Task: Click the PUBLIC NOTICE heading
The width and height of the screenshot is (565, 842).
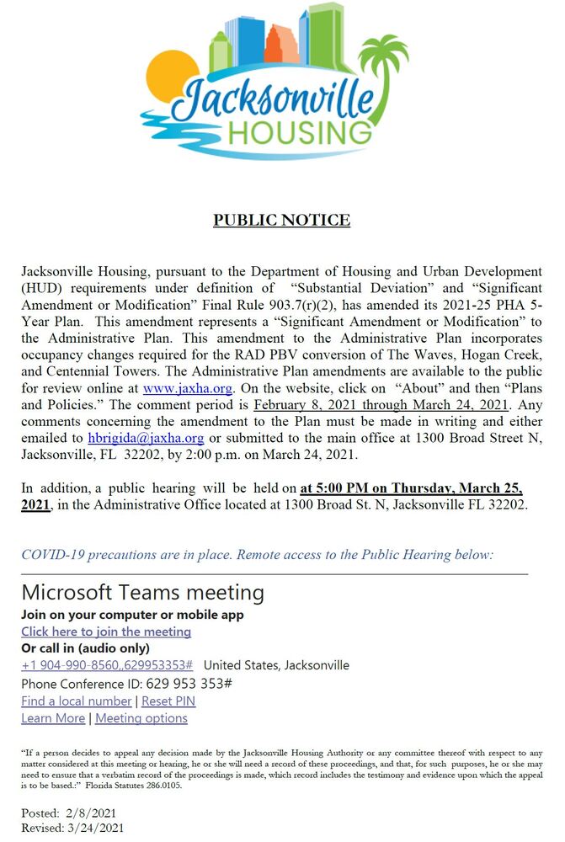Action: pos(281,221)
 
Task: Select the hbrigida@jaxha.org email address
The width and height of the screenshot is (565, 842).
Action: pos(146,438)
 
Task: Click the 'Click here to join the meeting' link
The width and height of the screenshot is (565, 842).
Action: pos(106,631)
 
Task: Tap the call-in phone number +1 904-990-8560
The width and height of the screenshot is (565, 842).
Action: pos(107,665)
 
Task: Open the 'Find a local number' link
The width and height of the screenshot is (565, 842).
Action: pos(77,701)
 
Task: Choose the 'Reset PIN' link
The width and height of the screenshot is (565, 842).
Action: pos(168,701)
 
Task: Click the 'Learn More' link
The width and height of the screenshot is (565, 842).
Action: pos(53,718)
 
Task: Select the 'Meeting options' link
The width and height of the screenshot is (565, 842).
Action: pos(141,718)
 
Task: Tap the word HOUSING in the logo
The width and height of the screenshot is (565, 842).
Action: pos(299,133)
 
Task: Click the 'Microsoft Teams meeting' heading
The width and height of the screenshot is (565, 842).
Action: pos(142,592)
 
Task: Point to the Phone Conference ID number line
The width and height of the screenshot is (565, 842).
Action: pos(126,683)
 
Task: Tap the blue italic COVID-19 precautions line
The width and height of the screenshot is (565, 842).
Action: pos(257,555)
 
